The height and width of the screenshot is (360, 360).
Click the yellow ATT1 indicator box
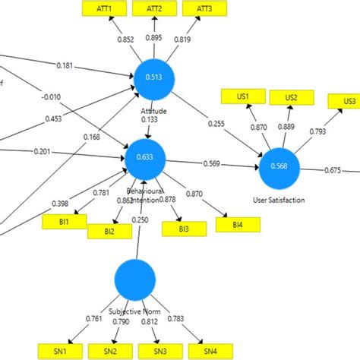point(103,8)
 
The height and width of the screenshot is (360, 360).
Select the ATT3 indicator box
point(204,8)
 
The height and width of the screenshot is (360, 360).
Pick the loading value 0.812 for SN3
point(149,321)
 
